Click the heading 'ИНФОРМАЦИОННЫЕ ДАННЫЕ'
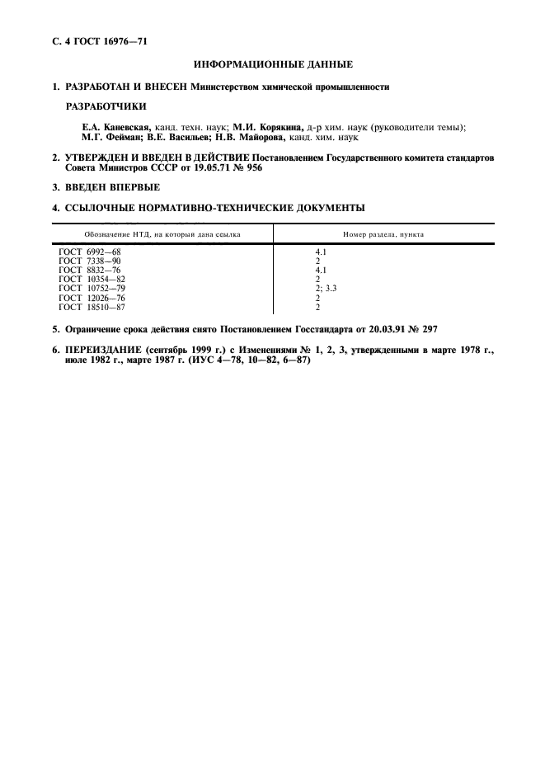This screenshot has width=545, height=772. [x=273, y=64]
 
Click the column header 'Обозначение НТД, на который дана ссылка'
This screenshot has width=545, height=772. [x=162, y=234]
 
